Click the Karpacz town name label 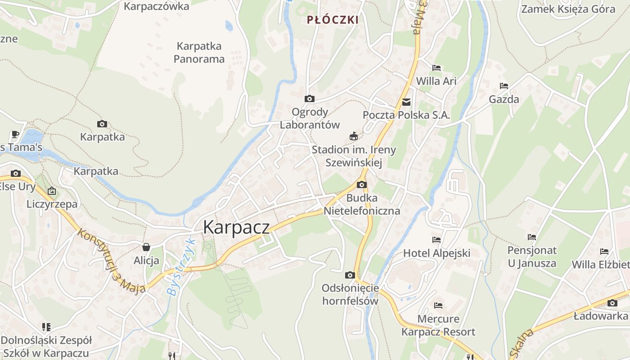point(236,227)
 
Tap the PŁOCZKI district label point(333,20)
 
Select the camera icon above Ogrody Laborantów point(310,99)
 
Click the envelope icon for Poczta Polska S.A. point(406,102)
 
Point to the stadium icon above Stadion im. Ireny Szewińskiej point(354,136)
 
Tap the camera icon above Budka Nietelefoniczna point(361,184)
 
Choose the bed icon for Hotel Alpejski point(436,240)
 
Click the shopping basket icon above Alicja point(146,247)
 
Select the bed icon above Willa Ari point(436,68)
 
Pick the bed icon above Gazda point(504,86)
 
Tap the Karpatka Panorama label point(199,52)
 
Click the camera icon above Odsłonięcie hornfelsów point(350,275)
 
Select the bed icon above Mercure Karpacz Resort point(438,306)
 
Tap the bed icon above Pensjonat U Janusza point(532,237)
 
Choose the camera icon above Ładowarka point(612,303)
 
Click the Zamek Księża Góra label point(567,9)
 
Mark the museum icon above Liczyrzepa point(52,191)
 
